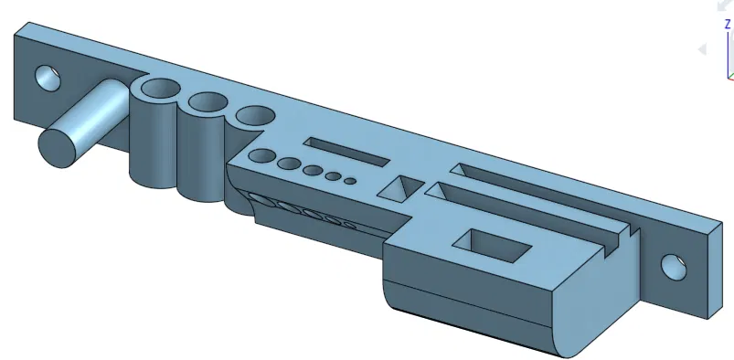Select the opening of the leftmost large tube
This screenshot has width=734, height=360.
point(161,90)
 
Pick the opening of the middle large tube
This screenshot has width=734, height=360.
point(207,103)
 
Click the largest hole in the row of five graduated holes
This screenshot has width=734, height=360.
point(264,156)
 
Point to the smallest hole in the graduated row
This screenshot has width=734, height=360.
point(350,180)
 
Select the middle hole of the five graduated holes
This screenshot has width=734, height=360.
point(313,170)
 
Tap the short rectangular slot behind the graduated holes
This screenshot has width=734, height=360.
point(347,152)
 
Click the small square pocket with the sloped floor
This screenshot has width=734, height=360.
point(399,189)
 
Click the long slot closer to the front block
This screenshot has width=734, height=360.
point(521,210)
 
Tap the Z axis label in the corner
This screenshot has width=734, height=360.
point(727,25)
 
